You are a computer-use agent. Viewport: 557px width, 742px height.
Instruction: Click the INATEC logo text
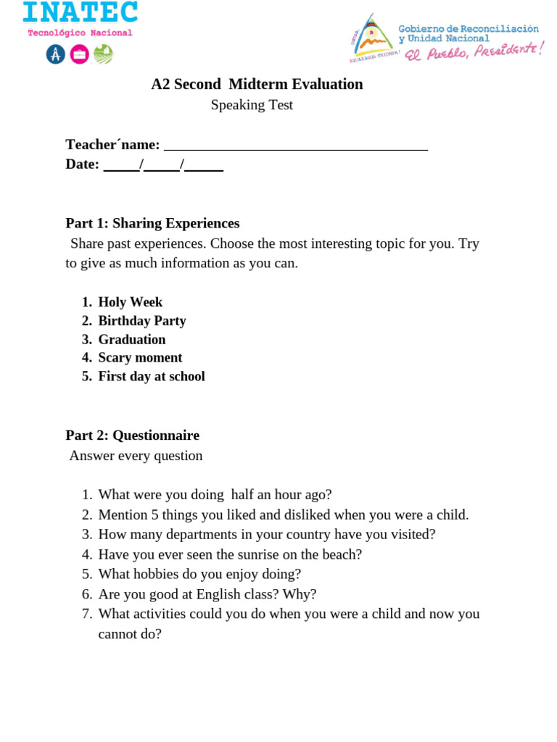coord(80,12)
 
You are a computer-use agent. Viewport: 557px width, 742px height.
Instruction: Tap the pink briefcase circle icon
coord(80,54)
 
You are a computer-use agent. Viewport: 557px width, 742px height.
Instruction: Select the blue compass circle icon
coord(56,54)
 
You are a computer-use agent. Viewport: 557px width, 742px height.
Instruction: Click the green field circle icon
coord(104,54)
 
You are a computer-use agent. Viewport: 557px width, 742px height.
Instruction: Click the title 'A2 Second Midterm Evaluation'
coord(257,84)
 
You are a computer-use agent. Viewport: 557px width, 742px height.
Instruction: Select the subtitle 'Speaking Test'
coord(252,105)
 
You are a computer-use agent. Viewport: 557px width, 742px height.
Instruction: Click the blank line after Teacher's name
coord(296,145)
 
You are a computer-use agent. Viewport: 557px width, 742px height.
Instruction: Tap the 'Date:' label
coord(82,164)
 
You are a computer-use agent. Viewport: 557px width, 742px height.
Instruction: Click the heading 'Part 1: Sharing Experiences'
coord(152,223)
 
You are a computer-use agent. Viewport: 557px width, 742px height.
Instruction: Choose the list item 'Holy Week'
coord(131,302)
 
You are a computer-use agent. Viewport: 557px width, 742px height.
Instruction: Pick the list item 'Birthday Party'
coord(142,321)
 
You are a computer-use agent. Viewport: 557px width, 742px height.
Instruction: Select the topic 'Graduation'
coord(132,340)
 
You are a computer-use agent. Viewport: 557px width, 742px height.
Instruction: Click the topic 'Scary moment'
coord(140,358)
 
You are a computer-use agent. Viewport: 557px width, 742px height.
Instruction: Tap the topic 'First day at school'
coord(152,377)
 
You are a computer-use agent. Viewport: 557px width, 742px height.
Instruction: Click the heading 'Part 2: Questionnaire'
coord(132,435)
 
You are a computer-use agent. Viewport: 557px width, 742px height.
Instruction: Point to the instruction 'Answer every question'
coord(136,456)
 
